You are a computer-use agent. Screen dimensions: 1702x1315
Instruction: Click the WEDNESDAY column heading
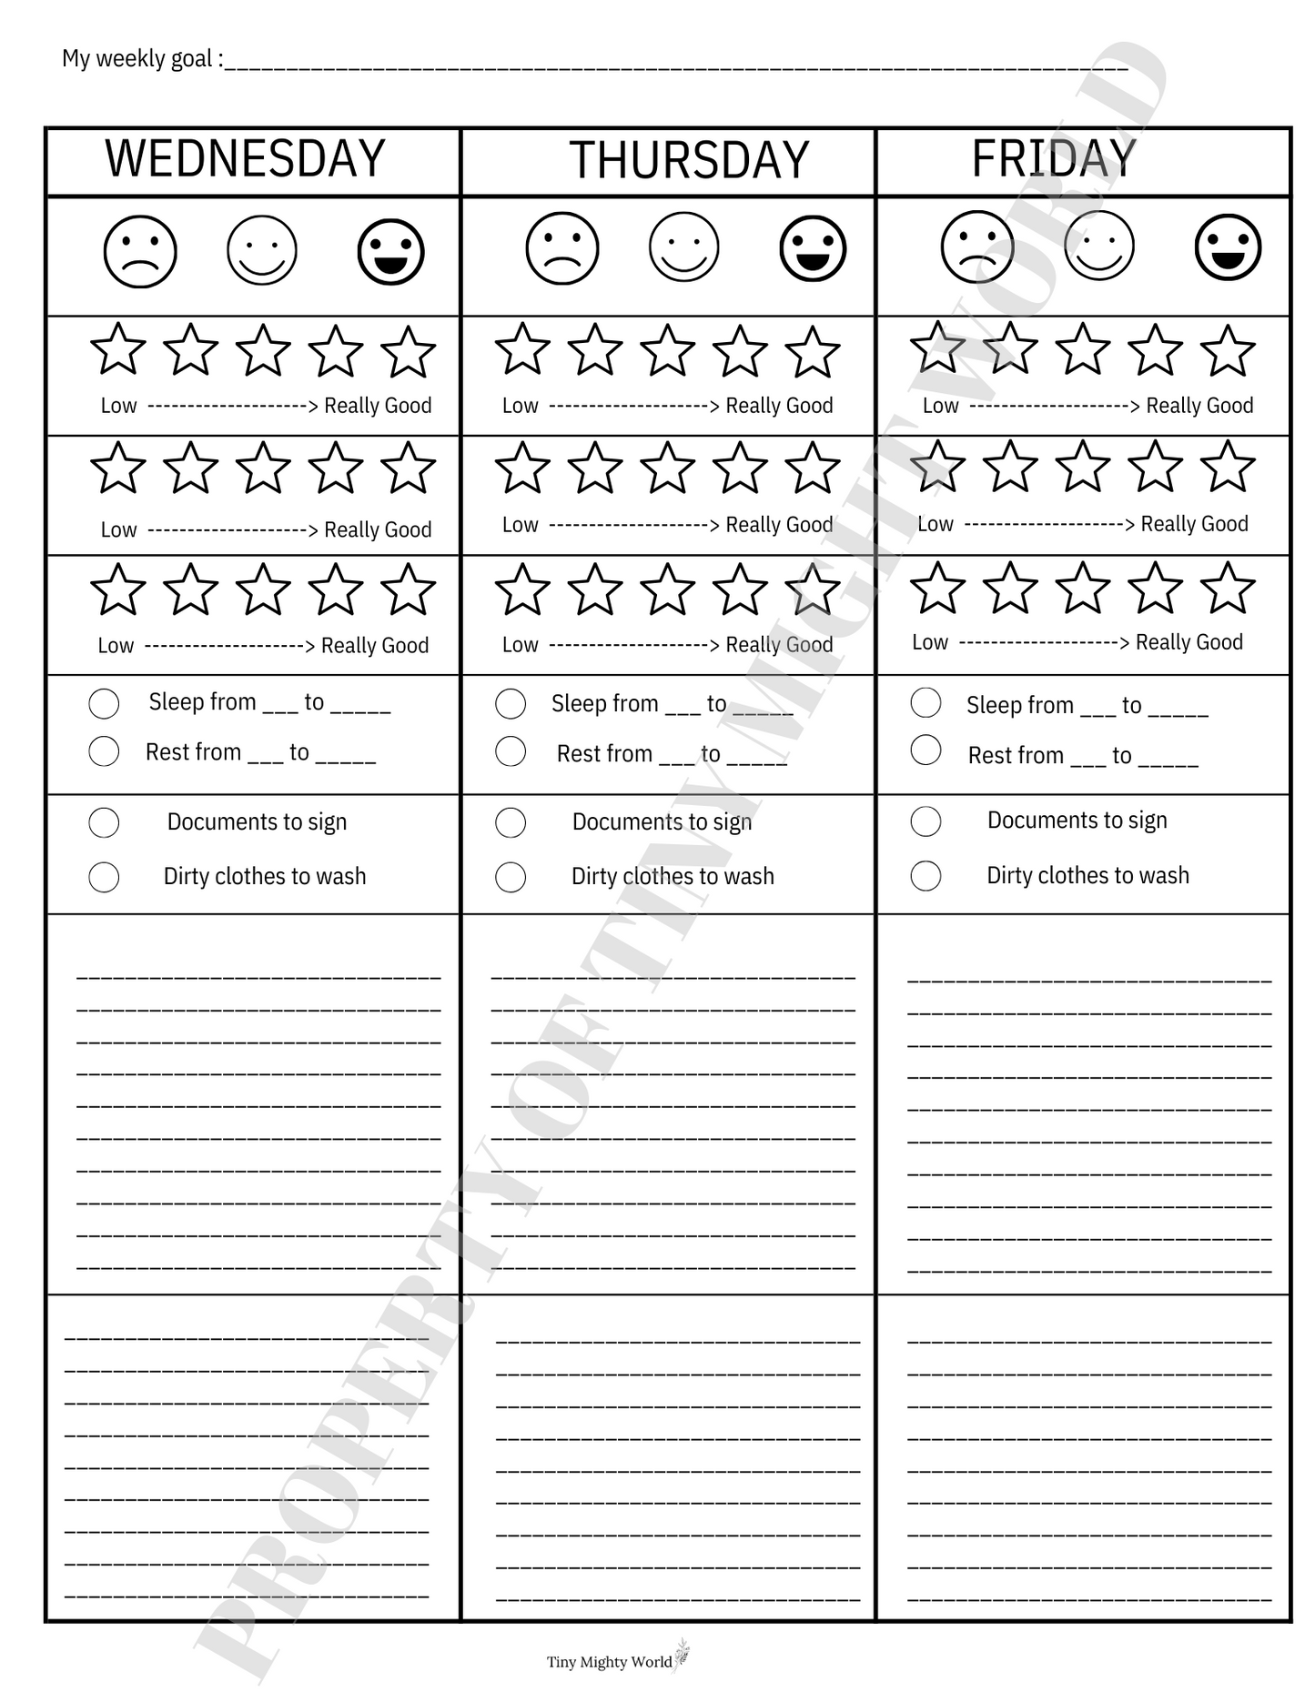[245, 159]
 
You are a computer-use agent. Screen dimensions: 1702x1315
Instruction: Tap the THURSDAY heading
[689, 161]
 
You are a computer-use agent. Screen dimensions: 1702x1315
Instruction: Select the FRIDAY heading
[1054, 159]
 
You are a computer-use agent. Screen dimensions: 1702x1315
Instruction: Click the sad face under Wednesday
[140, 251]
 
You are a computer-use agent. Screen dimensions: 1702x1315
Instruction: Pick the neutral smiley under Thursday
[684, 247]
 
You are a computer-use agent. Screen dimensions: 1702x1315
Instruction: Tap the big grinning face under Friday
[1228, 247]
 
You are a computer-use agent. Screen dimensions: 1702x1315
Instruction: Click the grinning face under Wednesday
[391, 251]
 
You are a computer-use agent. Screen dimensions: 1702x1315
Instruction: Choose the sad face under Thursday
[562, 247]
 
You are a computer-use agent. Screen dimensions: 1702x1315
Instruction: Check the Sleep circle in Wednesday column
[104, 703]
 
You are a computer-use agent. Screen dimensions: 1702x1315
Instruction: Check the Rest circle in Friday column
[926, 750]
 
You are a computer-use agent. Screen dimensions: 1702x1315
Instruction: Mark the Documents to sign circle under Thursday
[511, 822]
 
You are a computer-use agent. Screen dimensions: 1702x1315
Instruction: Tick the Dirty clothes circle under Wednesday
[104, 877]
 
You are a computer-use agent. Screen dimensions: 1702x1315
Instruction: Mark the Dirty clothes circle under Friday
[926, 876]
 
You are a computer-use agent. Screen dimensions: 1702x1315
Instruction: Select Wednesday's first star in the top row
[118, 350]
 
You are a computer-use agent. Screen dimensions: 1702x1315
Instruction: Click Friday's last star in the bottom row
[1228, 588]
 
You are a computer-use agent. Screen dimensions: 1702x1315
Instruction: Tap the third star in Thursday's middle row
[668, 468]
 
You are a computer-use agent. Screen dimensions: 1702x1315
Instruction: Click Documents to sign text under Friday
[1077, 821]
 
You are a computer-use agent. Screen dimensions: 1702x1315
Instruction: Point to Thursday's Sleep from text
[604, 704]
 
